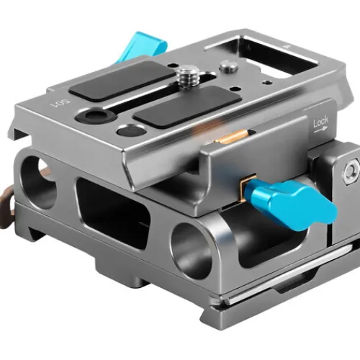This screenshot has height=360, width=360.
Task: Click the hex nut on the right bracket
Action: (x=351, y=171)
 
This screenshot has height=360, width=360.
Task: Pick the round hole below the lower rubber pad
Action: (x=130, y=130)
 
